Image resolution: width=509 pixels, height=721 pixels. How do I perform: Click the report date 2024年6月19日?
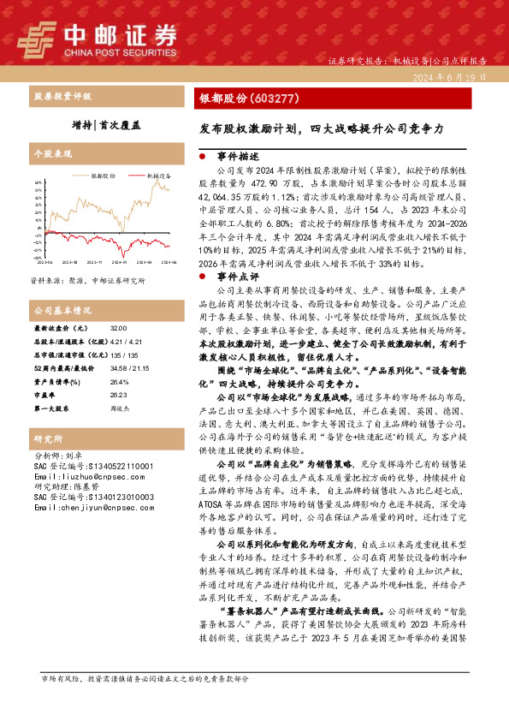[457, 76]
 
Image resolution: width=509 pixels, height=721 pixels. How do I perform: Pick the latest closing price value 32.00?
[118, 328]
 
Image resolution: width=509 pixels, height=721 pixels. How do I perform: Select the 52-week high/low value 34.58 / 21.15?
[126, 366]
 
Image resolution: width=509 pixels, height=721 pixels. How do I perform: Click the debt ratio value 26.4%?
[119, 382]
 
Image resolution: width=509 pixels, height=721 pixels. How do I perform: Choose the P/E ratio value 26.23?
[118, 396]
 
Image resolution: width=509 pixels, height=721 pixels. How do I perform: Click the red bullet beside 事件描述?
[201, 158]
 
